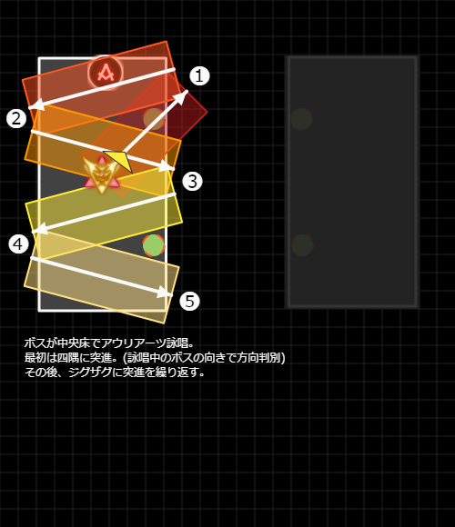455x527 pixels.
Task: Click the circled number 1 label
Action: pyautogui.click(x=199, y=75)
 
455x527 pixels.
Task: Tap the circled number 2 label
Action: pyautogui.click(x=16, y=119)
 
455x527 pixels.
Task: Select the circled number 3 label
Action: pyautogui.click(x=192, y=182)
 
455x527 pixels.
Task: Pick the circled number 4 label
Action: pyautogui.click(x=18, y=244)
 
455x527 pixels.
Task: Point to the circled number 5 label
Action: pyautogui.click(x=190, y=301)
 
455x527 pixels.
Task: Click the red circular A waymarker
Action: pyautogui.click(x=106, y=73)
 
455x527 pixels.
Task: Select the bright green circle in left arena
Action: pyautogui.click(x=154, y=245)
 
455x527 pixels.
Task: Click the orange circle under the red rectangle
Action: pyautogui.click(x=154, y=119)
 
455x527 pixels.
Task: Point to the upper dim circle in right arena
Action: pyautogui.click(x=301, y=119)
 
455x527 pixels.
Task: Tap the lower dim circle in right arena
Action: pyautogui.click(x=302, y=245)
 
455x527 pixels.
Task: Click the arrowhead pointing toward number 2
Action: pyautogui.click(x=36, y=104)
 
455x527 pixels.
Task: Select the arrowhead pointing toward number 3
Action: pyautogui.click(x=167, y=166)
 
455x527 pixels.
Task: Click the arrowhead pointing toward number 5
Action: pyautogui.click(x=166, y=293)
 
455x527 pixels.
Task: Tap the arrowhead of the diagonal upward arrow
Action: pyautogui.click(x=182, y=95)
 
